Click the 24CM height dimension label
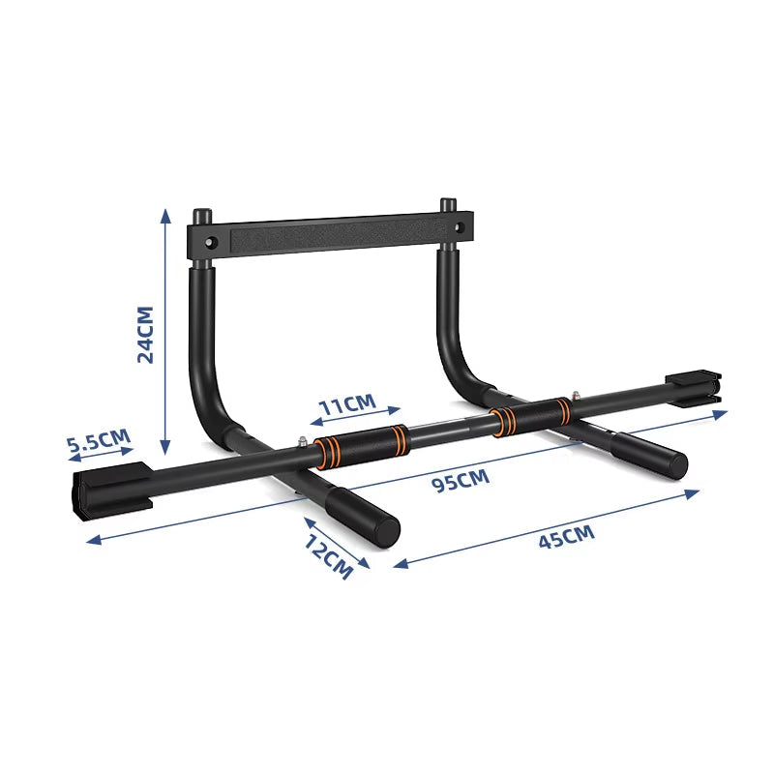pos(146,334)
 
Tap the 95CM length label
pos(461,479)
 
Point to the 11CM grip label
pos(347,403)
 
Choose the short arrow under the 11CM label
pos(356,416)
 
